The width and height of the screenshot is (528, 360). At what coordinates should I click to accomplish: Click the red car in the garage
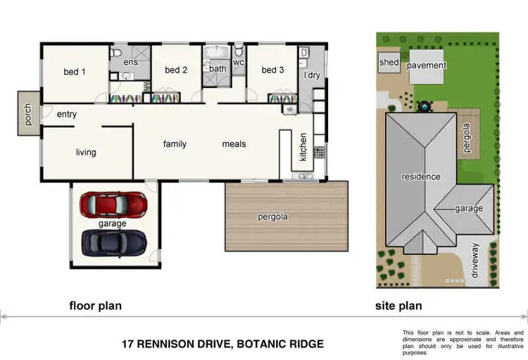pyautogui.click(x=113, y=204)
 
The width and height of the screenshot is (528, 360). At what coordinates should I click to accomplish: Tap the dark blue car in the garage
pyautogui.click(x=113, y=243)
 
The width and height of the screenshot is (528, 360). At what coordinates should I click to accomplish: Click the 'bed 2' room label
pyautogui.click(x=175, y=70)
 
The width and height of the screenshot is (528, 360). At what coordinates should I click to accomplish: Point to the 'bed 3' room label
pyautogui.click(x=272, y=70)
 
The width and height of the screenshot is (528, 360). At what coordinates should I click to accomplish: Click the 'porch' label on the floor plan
pyautogui.click(x=28, y=114)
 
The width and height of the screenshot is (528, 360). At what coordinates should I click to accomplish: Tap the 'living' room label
pyautogui.click(x=86, y=152)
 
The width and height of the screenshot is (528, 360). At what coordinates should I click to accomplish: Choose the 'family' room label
pyautogui.click(x=175, y=144)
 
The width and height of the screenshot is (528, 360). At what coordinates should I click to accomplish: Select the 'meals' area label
pyautogui.click(x=234, y=144)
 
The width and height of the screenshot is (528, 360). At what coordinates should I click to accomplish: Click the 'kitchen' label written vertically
pyautogui.click(x=303, y=147)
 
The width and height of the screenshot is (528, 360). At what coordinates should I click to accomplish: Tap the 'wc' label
pyautogui.click(x=238, y=63)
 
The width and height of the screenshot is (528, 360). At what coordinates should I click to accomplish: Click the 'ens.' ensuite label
pyautogui.click(x=131, y=63)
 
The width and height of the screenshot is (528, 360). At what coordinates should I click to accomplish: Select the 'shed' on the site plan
pyautogui.click(x=389, y=62)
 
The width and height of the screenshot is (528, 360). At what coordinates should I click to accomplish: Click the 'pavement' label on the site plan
pyautogui.click(x=427, y=66)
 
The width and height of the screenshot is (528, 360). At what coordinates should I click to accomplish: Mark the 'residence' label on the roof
pyautogui.click(x=421, y=176)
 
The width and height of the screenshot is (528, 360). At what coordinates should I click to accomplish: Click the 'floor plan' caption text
pyautogui.click(x=95, y=306)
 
